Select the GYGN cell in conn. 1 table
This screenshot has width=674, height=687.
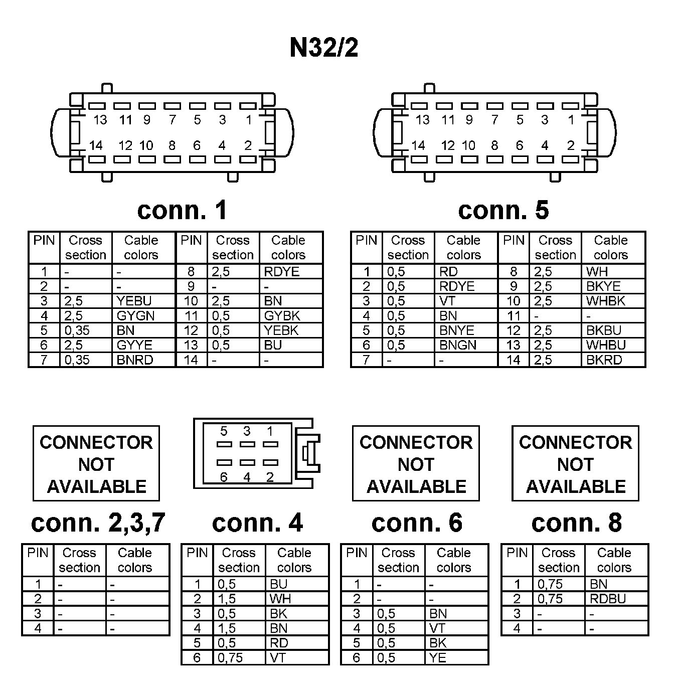[x=135, y=315]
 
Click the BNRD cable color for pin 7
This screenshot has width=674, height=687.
[x=134, y=360]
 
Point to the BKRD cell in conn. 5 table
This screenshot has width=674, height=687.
[x=604, y=360]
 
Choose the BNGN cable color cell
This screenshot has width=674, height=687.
[x=457, y=345]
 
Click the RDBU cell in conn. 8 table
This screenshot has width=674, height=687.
[x=608, y=599]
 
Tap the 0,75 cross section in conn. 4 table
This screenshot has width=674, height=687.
[x=230, y=657]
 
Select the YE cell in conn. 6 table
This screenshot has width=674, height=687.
[x=438, y=657]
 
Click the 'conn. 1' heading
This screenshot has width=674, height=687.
[x=182, y=210]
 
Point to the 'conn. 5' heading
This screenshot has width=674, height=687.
[x=503, y=210]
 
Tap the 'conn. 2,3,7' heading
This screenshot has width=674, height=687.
[x=98, y=523]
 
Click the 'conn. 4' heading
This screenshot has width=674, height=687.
[x=257, y=523]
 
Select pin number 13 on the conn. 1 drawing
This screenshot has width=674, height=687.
[x=100, y=120]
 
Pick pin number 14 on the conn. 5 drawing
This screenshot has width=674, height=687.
[x=418, y=145]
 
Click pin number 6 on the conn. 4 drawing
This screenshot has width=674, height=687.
[x=224, y=477]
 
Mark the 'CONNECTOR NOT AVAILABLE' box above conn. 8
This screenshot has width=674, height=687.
[x=575, y=464]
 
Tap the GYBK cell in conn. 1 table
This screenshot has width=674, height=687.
[x=282, y=315]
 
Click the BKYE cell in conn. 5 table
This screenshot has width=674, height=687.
[x=603, y=286]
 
